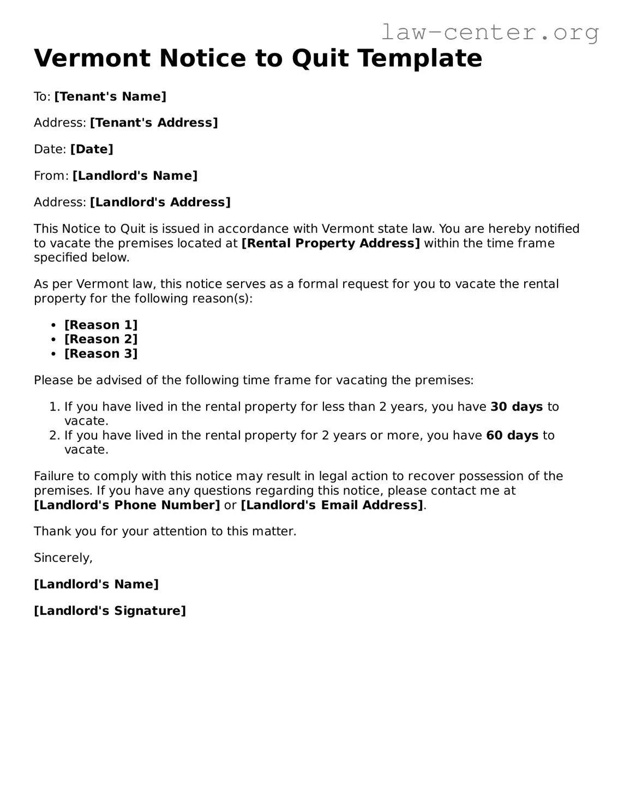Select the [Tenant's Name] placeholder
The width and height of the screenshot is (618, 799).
click(110, 96)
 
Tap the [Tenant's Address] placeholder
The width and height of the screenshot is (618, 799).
click(154, 123)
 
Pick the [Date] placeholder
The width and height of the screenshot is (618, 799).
click(92, 149)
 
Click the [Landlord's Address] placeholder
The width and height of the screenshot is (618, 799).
click(160, 202)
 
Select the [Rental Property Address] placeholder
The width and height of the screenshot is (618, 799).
click(331, 243)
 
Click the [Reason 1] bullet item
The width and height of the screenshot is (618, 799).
click(101, 325)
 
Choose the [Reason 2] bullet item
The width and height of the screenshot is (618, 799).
click(101, 339)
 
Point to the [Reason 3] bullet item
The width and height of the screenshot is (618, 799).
click(101, 354)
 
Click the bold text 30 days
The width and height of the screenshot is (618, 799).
click(517, 407)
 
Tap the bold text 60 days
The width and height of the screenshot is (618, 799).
click(512, 435)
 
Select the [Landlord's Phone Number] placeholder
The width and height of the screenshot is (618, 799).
click(127, 505)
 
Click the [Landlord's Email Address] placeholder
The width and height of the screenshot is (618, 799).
click(332, 505)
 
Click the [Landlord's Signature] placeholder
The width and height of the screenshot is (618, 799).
click(110, 610)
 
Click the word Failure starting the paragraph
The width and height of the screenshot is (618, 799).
click(54, 476)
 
